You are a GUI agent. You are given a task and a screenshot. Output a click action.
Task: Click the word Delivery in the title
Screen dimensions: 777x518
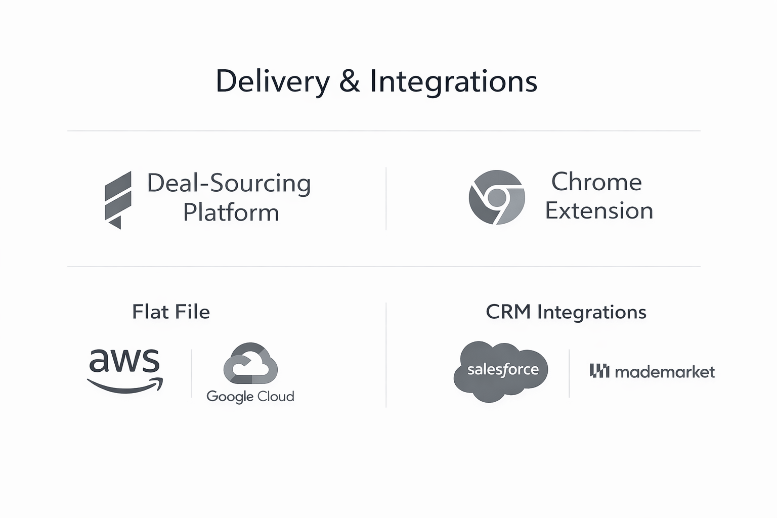coord(273,81)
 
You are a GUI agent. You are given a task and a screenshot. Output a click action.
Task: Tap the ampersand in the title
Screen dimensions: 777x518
coord(350,81)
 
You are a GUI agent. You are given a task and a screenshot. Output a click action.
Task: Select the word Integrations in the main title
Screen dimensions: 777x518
coord(454,81)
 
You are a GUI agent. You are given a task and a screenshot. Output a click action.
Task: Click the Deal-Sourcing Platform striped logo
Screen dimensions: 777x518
coord(118,200)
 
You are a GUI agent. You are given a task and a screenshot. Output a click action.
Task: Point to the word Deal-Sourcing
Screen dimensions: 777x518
coord(229,183)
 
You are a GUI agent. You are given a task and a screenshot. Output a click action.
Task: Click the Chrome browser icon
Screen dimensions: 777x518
coord(497,197)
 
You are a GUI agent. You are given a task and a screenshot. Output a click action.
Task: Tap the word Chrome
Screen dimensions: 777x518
coord(596,182)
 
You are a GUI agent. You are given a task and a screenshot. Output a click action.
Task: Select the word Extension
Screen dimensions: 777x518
coord(599,210)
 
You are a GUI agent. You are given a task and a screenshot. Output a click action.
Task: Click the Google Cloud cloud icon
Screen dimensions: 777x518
coord(250,363)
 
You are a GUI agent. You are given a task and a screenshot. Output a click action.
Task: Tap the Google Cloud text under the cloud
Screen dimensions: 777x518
coord(250,396)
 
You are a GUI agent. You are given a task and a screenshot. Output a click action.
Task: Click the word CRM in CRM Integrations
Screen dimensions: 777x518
coord(508,312)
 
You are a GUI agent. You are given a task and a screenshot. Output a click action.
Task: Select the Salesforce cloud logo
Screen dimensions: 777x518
coord(501,371)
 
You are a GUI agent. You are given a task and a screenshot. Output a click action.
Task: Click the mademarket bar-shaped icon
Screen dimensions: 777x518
coord(599,371)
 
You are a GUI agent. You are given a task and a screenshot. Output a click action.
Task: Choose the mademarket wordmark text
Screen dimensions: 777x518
coord(665,372)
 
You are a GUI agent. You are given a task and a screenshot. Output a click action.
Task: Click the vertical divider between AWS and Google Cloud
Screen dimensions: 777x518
coord(191,374)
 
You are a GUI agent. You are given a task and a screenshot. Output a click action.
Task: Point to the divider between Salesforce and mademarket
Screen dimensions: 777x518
coord(569,373)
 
